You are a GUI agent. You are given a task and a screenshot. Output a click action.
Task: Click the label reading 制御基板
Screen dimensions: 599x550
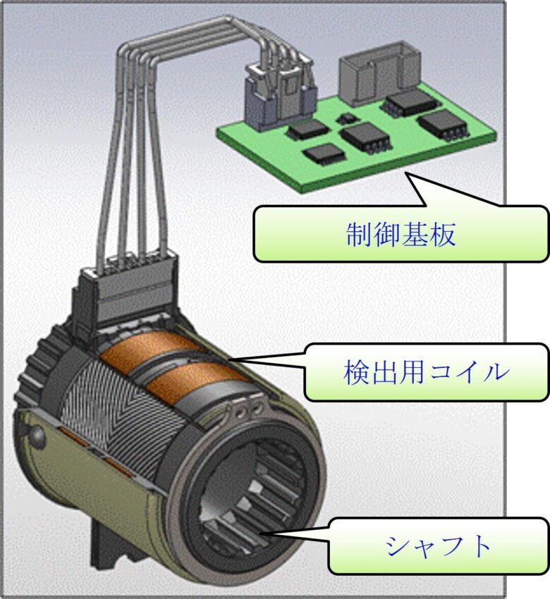[401, 235]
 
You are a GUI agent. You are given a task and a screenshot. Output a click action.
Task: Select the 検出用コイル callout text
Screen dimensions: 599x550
[426, 372]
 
